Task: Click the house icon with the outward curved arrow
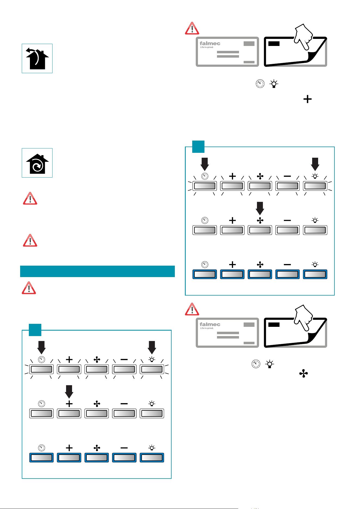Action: pyautogui.click(x=37, y=58)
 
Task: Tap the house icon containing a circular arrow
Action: pyautogui.click(x=37, y=163)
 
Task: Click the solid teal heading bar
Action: pyautogui.click(x=97, y=271)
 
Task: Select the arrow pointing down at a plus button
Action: pyautogui.click(x=69, y=392)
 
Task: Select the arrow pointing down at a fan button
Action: pyautogui.click(x=260, y=208)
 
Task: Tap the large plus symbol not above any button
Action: pyautogui.click(x=308, y=99)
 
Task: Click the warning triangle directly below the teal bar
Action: pyautogui.click(x=29, y=288)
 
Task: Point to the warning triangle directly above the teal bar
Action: pyautogui.click(x=30, y=240)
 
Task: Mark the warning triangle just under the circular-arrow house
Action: pyautogui.click(x=30, y=198)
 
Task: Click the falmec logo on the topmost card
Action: pyautogui.click(x=210, y=44)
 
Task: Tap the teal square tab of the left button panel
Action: pyautogui.click(x=35, y=330)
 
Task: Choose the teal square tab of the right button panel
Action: pyautogui.click(x=198, y=147)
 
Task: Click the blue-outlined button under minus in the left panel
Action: pyautogui.click(x=124, y=457)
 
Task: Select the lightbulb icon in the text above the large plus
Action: pyautogui.click(x=274, y=84)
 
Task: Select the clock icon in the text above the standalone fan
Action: pyautogui.click(x=256, y=364)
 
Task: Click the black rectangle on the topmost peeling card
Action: pyautogui.click(x=274, y=44)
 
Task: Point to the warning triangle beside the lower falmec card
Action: pyautogui.click(x=192, y=309)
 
